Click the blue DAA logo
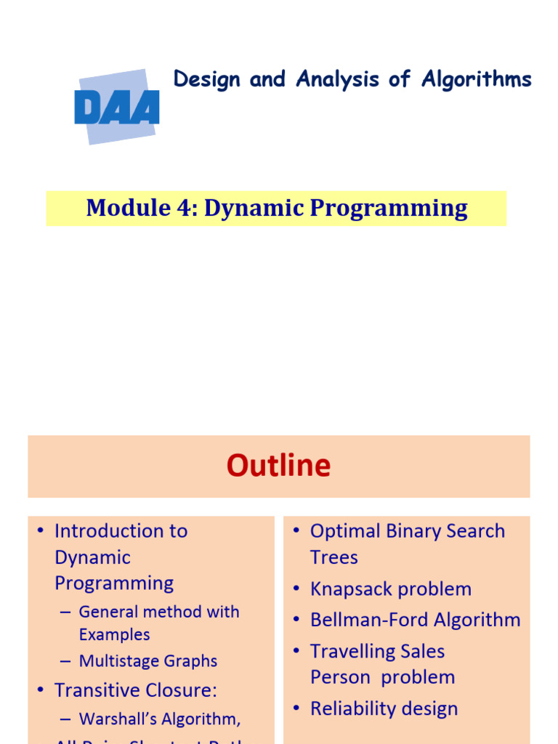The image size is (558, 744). tap(116, 108)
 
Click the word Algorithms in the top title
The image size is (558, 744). tap(477, 80)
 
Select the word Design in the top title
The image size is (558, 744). tap(207, 80)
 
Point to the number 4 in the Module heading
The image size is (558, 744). tap(185, 209)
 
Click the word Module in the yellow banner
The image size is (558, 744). tap(125, 209)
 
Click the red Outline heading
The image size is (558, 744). tap(278, 466)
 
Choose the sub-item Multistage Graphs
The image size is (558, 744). tap(148, 661)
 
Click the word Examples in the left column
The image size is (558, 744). tap(114, 634)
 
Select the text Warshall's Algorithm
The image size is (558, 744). tap(159, 719)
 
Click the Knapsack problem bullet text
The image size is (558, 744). tap(391, 589)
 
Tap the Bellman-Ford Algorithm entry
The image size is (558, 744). tap(415, 620)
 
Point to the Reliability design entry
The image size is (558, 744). tap(384, 709)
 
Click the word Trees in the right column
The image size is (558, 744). tap(334, 558)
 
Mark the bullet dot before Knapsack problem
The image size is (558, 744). tap(296, 589)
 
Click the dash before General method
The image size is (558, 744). tap(65, 612)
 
